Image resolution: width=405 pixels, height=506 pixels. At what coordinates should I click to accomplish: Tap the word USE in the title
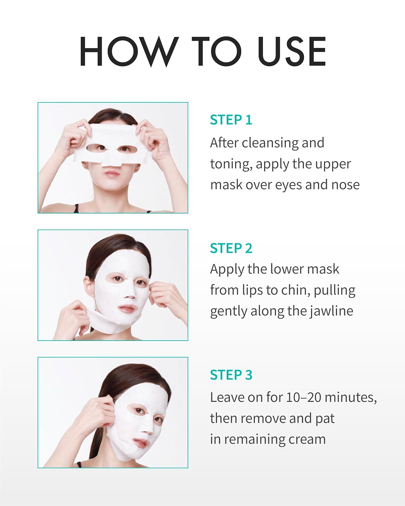pyautogui.click(x=292, y=51)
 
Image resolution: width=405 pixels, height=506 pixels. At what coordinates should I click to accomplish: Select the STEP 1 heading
pyautogui.click(x=231, y=120)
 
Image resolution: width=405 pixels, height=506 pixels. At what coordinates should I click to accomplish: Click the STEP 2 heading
pyautogui.click(x=231, y=248)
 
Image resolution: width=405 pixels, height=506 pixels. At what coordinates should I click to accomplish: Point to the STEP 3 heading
pyautogui.click(x=231, y=375)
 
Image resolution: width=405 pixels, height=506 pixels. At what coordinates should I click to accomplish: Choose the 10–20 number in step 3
pyautogui.click(x=303, y=397)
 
